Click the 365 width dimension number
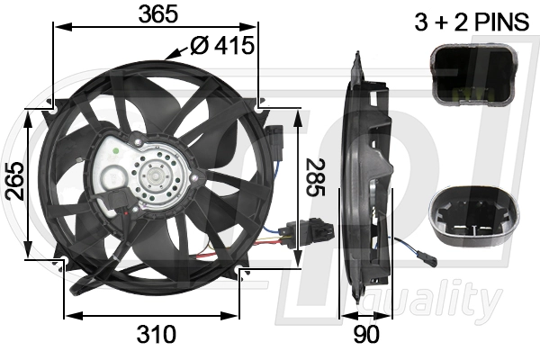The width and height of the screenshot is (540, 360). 157,14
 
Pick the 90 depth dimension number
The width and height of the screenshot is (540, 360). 366,334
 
